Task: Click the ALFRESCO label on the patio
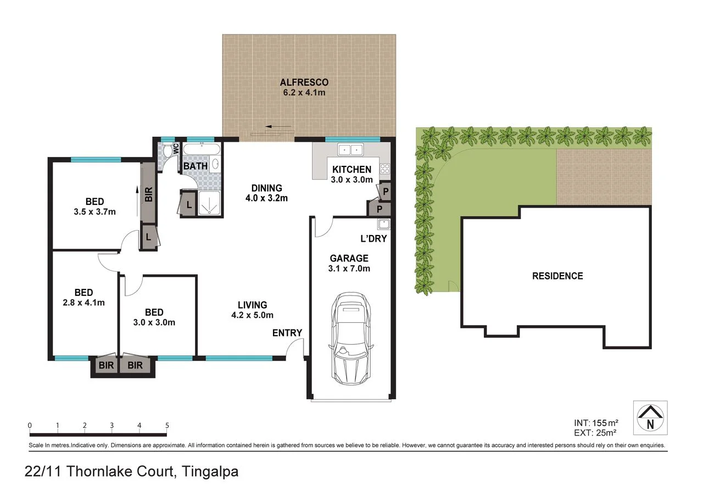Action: coord(304,82)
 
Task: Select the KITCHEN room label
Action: coord(351,170)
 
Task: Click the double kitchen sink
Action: coord(350,149)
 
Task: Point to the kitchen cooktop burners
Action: coord(384,169)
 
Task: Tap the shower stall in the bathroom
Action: coord(209,203)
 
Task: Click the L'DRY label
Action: coord(373,239)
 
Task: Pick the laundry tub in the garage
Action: coord(383,224)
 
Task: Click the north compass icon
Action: coord(650,418)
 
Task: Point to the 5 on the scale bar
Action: coord(166,426)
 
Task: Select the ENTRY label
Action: coord(287,333)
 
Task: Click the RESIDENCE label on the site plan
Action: coord(557,276)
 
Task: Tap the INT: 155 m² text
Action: coord(595,423)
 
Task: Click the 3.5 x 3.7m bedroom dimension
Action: coord(94,211)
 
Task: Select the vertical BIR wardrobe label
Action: coord(148,194)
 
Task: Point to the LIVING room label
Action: coord(252,305)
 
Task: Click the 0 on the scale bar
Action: coord(30,426)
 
